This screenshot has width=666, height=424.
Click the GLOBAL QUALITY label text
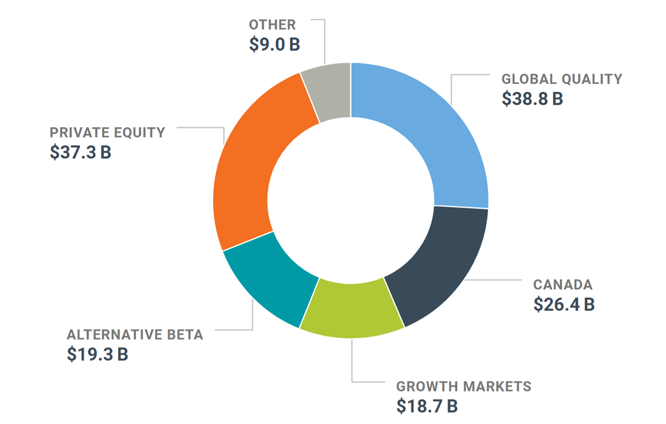[562, 79]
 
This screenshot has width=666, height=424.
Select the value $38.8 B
[532, 99]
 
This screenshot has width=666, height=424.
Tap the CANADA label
[563, 285]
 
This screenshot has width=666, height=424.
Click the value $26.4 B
[564, 305]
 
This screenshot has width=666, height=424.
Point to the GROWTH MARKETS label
[464, 387]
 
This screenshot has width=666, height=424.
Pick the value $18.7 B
[427, 406]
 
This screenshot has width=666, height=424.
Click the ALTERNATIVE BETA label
[135, 335]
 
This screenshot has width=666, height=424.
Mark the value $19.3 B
[97, 354]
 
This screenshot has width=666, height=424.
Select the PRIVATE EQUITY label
[107, 133]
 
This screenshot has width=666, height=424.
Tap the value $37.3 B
[81, 152]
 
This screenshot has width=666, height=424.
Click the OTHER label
[272, 25]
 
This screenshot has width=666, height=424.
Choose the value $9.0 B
[274, 44]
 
